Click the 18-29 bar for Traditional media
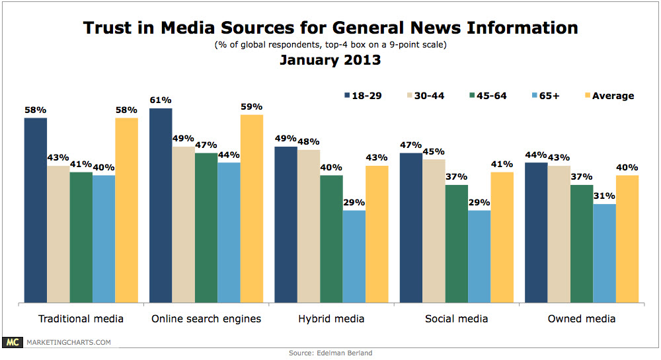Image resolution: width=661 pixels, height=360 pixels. coord(36,210)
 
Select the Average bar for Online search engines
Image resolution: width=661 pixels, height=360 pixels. coord(252,208)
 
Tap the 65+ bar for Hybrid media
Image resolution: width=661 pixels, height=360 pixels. coord(354,256)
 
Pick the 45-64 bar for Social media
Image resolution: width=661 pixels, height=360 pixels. coord(456,243)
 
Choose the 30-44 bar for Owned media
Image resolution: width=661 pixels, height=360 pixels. coord(559,234)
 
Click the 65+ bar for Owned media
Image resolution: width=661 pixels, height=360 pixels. coord(604,253)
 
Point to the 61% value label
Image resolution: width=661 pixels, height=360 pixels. coord(161,100)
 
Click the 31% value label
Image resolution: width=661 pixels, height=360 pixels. coord(604,196)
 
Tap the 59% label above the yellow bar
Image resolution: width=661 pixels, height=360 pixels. coord(252,106)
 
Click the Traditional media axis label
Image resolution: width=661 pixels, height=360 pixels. coord(81,319)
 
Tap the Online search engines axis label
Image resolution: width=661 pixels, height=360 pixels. coord(206,319)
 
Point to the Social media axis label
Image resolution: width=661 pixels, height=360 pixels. coord(456,319)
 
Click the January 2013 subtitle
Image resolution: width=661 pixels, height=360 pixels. coord(330,60)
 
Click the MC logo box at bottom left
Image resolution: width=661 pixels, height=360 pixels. coord(13,342)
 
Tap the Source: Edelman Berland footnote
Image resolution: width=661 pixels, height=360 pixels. coord(330,353)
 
